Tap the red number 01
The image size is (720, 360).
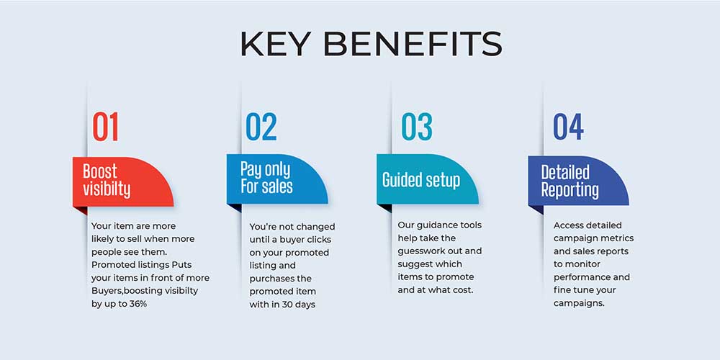click(105, 126)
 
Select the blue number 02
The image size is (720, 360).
click(261, 126)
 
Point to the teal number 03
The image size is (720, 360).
click(417, 126)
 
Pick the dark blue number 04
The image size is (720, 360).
click(569, 126)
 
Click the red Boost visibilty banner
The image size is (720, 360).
click(123, 182)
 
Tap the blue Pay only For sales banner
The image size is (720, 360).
click(277, 179)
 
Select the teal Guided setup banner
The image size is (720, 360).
click(428, 179)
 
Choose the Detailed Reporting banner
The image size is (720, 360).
click(578, 181)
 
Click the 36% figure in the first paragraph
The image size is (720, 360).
click(136, 304)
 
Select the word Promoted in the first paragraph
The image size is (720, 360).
click(111, 265)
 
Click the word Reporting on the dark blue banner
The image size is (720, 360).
click(570, 190)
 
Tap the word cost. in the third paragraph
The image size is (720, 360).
click(462, 290)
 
